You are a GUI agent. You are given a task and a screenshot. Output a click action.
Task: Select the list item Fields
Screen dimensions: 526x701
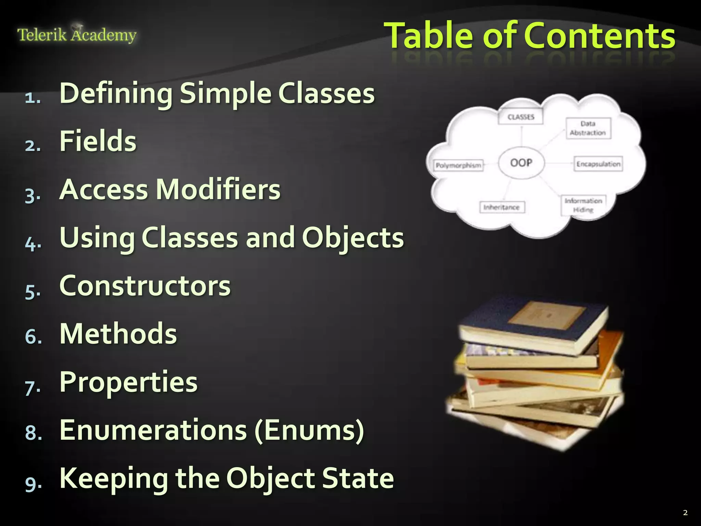pyautogui.click(x=98, y=141)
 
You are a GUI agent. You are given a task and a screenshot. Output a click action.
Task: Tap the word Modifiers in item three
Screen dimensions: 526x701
pyautogui.click(x=218, y=189)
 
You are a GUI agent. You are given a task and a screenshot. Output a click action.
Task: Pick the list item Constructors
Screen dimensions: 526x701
pyautogui.click(x=145, y=286)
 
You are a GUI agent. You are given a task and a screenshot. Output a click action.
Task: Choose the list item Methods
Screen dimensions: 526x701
pyautogui.click(x=118, y=334)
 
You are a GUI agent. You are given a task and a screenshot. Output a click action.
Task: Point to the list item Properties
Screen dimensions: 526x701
pyautogui.click(x=128, y=382)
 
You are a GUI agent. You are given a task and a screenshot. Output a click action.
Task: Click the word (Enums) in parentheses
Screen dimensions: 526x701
pyautogui.click(x=309, y=430)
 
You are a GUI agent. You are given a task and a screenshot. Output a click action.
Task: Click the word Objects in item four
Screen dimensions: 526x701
pyautogui.click(x=353, y=238)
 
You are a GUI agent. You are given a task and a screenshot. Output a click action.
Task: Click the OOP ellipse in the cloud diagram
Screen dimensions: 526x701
pyautogui.click(x=521, y=163)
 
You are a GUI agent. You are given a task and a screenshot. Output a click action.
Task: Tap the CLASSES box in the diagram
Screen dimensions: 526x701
pyautogui.click(x=521, y=117)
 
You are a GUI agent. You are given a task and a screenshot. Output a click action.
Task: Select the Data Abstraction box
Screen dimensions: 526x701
pyautogui.click(x=588, y=128)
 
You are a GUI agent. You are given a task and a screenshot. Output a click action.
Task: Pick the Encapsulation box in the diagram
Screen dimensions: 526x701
pyautogui.click(x=598, y=164)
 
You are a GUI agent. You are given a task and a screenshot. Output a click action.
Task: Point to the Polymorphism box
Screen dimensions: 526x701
pyautogui.click(x=458, y=166)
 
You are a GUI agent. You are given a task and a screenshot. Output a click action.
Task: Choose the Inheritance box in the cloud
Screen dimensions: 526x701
pyautogui.click(x=501, y=207)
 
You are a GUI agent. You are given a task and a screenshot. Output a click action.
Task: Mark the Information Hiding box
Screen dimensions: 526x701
pyautogui.click(x=583, y=205)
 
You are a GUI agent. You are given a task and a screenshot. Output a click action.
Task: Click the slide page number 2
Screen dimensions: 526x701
pyautogui.click(x=685, y=513)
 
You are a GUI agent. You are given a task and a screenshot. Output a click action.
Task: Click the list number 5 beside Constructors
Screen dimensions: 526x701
pyautogui.click(x=33, y=291)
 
